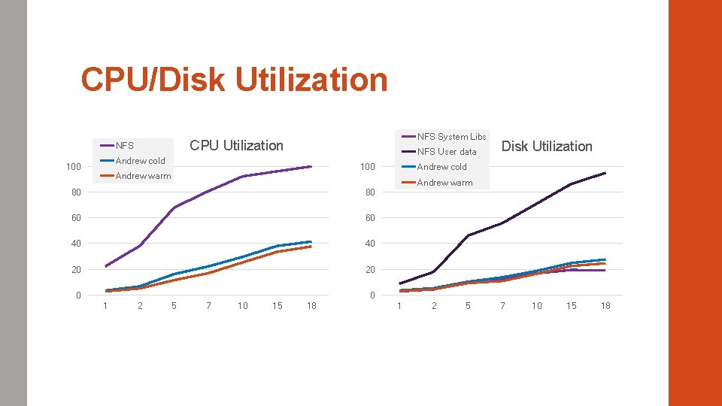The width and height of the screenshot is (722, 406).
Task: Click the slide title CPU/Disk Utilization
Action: [234, 80]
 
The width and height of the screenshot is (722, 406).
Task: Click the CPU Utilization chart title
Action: [236, 145]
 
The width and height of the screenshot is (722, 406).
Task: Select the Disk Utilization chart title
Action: [547, 146]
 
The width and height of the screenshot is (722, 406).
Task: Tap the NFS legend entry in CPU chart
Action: [124, 146]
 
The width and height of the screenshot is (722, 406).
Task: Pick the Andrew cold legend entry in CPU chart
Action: [140, 161]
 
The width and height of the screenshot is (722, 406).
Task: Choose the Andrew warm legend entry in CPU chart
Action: [143, 176]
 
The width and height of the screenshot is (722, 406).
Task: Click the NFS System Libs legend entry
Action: [451, 136]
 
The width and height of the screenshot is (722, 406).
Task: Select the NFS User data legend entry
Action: [447, 152]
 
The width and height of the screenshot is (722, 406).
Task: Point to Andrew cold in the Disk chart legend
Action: [441, 167]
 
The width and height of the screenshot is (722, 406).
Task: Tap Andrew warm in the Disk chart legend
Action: [444, 183]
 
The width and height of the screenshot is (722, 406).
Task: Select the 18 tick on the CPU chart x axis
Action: [311, 305]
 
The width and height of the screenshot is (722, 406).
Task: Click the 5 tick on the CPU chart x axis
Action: [174, 305]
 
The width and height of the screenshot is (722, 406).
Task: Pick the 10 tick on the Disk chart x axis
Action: [536, 305]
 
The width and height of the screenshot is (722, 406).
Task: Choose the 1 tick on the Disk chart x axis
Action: [399, 305]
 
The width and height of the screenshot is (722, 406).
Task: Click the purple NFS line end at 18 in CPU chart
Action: [311, 167]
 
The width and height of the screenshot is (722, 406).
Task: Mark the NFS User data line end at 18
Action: [605, 173]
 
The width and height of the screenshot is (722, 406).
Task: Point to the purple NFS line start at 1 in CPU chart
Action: [106, 266]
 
